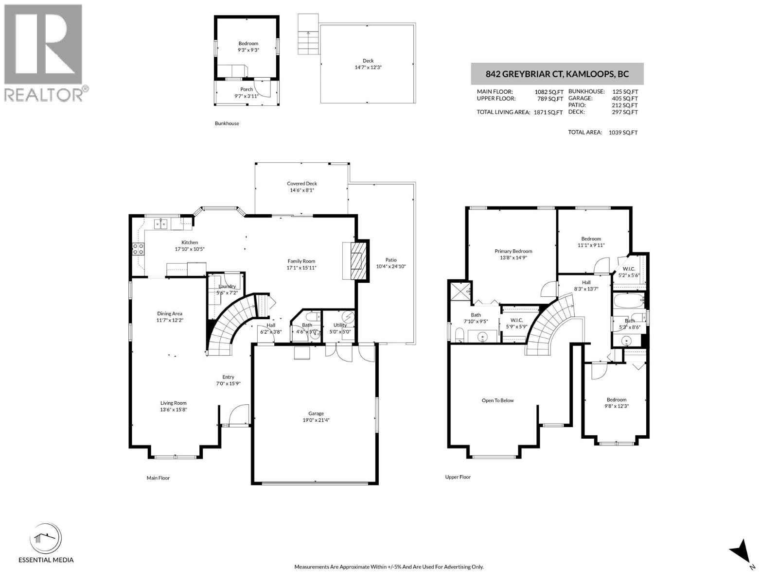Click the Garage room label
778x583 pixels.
316,413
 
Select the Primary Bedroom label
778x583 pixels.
513,251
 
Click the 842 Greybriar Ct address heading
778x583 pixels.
557,74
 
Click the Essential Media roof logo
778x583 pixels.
46,539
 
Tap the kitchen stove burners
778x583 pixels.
138,249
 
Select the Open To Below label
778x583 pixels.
497,400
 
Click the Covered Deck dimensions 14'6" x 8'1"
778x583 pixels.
301,190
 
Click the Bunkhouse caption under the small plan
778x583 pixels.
227,123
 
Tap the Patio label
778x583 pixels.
391,260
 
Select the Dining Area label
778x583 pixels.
169,313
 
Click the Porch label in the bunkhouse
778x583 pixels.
246,89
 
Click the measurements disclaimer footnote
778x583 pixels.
389,566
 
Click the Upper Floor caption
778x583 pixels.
458,477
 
